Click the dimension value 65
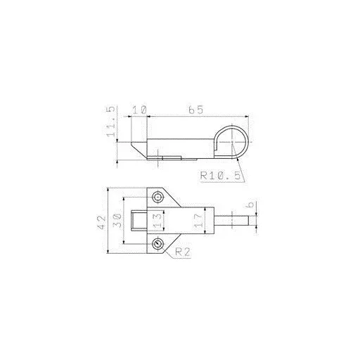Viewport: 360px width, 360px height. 196,110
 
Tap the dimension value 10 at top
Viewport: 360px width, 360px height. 140,110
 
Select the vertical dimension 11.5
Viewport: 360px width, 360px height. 111,122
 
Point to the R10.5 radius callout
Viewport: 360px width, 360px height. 220,175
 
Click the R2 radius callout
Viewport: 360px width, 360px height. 183,252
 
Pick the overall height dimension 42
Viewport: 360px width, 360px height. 102,222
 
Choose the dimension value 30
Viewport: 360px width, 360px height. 117,221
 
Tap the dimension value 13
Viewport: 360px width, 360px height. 157,221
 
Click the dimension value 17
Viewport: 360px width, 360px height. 198,221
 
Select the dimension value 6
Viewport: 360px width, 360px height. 250,205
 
